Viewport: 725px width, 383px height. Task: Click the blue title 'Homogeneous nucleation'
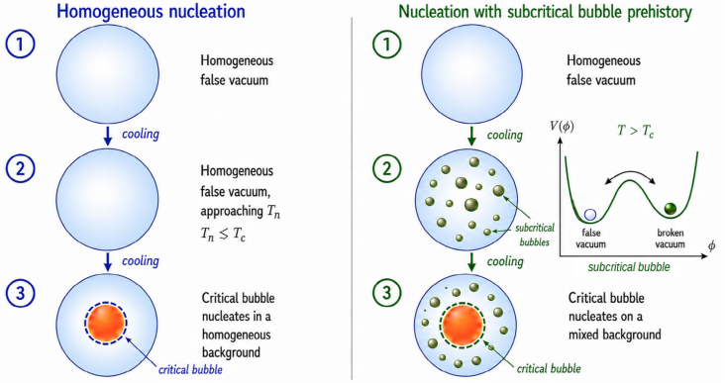click(x=151, y=12)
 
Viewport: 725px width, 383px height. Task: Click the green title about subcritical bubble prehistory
click(x=545, y=12)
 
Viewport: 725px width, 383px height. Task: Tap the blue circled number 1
click(x=20, y=44)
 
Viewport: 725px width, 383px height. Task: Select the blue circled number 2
click(x=20, y=168)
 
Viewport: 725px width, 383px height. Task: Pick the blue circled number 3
click(x=20, y=293)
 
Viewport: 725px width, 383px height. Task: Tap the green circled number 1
click(x=386, y=44)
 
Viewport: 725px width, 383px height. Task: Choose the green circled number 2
click(x=386, y=168)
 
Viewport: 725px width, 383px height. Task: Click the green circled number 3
click(x=386, y=293)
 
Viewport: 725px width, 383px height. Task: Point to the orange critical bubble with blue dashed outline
click(x=106, y=323)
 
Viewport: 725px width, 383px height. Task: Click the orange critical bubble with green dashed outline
click(x=463, y=325)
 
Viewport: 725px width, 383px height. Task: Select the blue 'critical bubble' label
click(x=190, y=369)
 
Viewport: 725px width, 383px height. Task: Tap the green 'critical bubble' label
click(x=549, y=368)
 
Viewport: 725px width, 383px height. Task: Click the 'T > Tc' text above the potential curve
click(x=635, y=131)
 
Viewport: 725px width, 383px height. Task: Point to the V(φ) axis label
click(x=562, y=126)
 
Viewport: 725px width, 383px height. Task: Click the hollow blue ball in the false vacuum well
click(x=590, y=215)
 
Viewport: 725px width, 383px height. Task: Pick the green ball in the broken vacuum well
click(x=670, y=209)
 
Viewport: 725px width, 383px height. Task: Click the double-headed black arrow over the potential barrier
click(x=631, y=175)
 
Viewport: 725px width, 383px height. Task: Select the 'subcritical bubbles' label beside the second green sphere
click(x=535, y=235)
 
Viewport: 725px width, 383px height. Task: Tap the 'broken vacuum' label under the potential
click(x=670, y=239)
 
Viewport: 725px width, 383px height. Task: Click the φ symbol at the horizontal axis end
click(x=711, y=245)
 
